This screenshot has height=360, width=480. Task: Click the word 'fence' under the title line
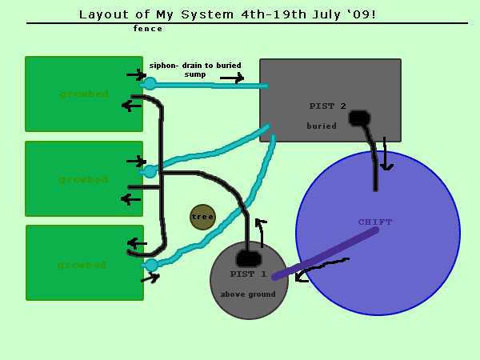pyautogui.click(x=148, y=29)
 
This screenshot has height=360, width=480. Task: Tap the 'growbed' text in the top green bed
pyautogui.click(x=83, y=94)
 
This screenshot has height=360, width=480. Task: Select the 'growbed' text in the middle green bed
pyautogui.click(x=83, y=179)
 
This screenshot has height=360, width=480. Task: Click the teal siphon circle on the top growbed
pyautogui.click(x=150, y=83)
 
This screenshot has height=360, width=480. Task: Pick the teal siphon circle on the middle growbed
pyautogui.click(x=150, y=170)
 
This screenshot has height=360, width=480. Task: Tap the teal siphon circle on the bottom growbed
pyautogui.click(x=151, y=265)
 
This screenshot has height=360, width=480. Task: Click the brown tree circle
pyautogui.click(x=202, y=217)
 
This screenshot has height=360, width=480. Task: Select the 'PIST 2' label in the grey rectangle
pyautogui.click(x=328, y=106)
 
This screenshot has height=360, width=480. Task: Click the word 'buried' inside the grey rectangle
pyautogui.click(x=322, y=126)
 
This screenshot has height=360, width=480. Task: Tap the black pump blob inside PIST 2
pyautogui.click(x=359, y=118)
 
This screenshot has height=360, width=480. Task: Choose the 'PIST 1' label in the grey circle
pyautogui.click(x=249, y=274)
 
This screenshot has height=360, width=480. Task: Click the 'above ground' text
pyautogui.click(x=248, y=294)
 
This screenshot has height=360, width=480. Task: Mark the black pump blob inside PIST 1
pyautogui.click(x=248, y=259)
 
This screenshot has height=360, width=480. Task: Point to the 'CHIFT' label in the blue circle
pyautogui.click(x=375, y=222)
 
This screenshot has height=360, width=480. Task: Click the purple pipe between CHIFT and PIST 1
pyautogui.click(x=325, y=254)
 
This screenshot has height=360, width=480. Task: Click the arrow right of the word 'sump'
pyautogui.click(x=232, y=78)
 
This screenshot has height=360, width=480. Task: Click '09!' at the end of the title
pyautogui.click(x=362, y=14)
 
